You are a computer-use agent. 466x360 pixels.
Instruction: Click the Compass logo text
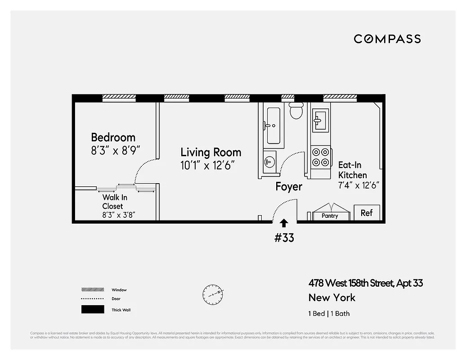[x=387, y=39]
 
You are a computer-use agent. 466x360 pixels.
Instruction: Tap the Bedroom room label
[x=113, y=137]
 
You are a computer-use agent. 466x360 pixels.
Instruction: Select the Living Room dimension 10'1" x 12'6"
[x=208, y=165]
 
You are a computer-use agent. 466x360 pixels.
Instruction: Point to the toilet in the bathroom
[x=296, y=111]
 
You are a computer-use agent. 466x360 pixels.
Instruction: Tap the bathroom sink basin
[x=269, y=161]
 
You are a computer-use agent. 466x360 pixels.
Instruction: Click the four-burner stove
[x=321, y=157]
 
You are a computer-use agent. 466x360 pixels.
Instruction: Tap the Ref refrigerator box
[x=367, y=213]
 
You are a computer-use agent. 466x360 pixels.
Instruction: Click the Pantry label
[x=330, y=216]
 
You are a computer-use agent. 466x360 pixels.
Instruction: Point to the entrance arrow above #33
[x=284, y=223]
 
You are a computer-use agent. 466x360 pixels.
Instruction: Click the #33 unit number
[x=284, y=237]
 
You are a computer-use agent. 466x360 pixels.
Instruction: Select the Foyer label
[x=289, y=186]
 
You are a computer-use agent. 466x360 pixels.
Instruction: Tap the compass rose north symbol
[x=213, y=293]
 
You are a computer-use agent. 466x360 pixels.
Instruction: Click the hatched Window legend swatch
[x=92, y=290]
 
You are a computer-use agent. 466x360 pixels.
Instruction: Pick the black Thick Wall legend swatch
[x=92, y=310]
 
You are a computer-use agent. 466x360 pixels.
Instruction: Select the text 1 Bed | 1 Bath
[x=329, y=314]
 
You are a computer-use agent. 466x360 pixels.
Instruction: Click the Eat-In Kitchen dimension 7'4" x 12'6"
[x=359, y=185]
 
